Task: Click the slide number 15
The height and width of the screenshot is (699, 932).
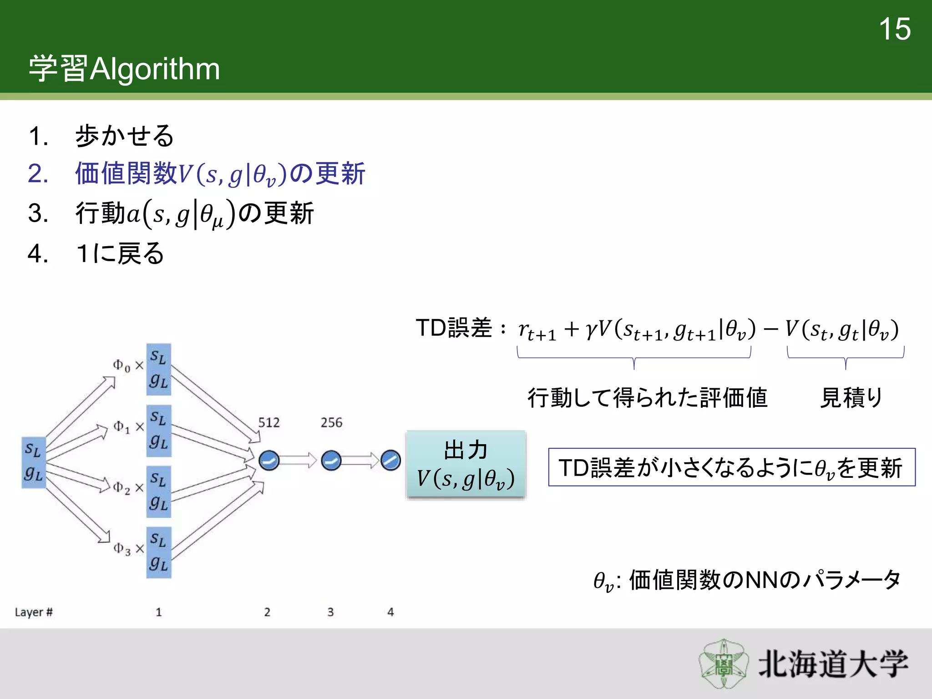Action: [x=894, y=29]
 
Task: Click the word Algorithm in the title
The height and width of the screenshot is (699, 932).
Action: [x=155, y=69]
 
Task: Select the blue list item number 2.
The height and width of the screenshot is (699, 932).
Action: [x=38, y=174]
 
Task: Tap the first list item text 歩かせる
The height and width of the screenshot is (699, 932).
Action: [x=124, y=136]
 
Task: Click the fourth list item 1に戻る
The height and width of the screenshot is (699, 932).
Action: [x=120, y=253]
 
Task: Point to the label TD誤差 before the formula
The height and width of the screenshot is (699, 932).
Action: [x=454, y=328]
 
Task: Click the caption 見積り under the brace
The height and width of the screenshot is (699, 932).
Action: [x=851, y=398]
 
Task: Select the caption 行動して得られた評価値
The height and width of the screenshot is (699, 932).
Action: [x=647, y=398]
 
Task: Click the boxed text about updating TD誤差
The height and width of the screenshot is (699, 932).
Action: [x=731, y=467]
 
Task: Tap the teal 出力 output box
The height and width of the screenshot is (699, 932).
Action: [x=466, y=465]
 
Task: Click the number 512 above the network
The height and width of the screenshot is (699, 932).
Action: [x=269, y=423]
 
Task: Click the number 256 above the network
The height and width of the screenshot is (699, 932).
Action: [x=331, y=423]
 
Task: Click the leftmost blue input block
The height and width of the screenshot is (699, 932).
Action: [x=34, y=462]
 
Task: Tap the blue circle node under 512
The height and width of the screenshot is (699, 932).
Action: [x=269, y=461]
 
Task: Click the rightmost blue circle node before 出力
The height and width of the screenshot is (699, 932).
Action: [x=390, y=461]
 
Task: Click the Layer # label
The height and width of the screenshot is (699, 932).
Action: [x=34, y=612]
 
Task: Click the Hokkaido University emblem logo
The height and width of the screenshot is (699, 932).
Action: [x=723, y=664]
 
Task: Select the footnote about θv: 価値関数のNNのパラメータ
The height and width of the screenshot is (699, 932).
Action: [x=747, y=581]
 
